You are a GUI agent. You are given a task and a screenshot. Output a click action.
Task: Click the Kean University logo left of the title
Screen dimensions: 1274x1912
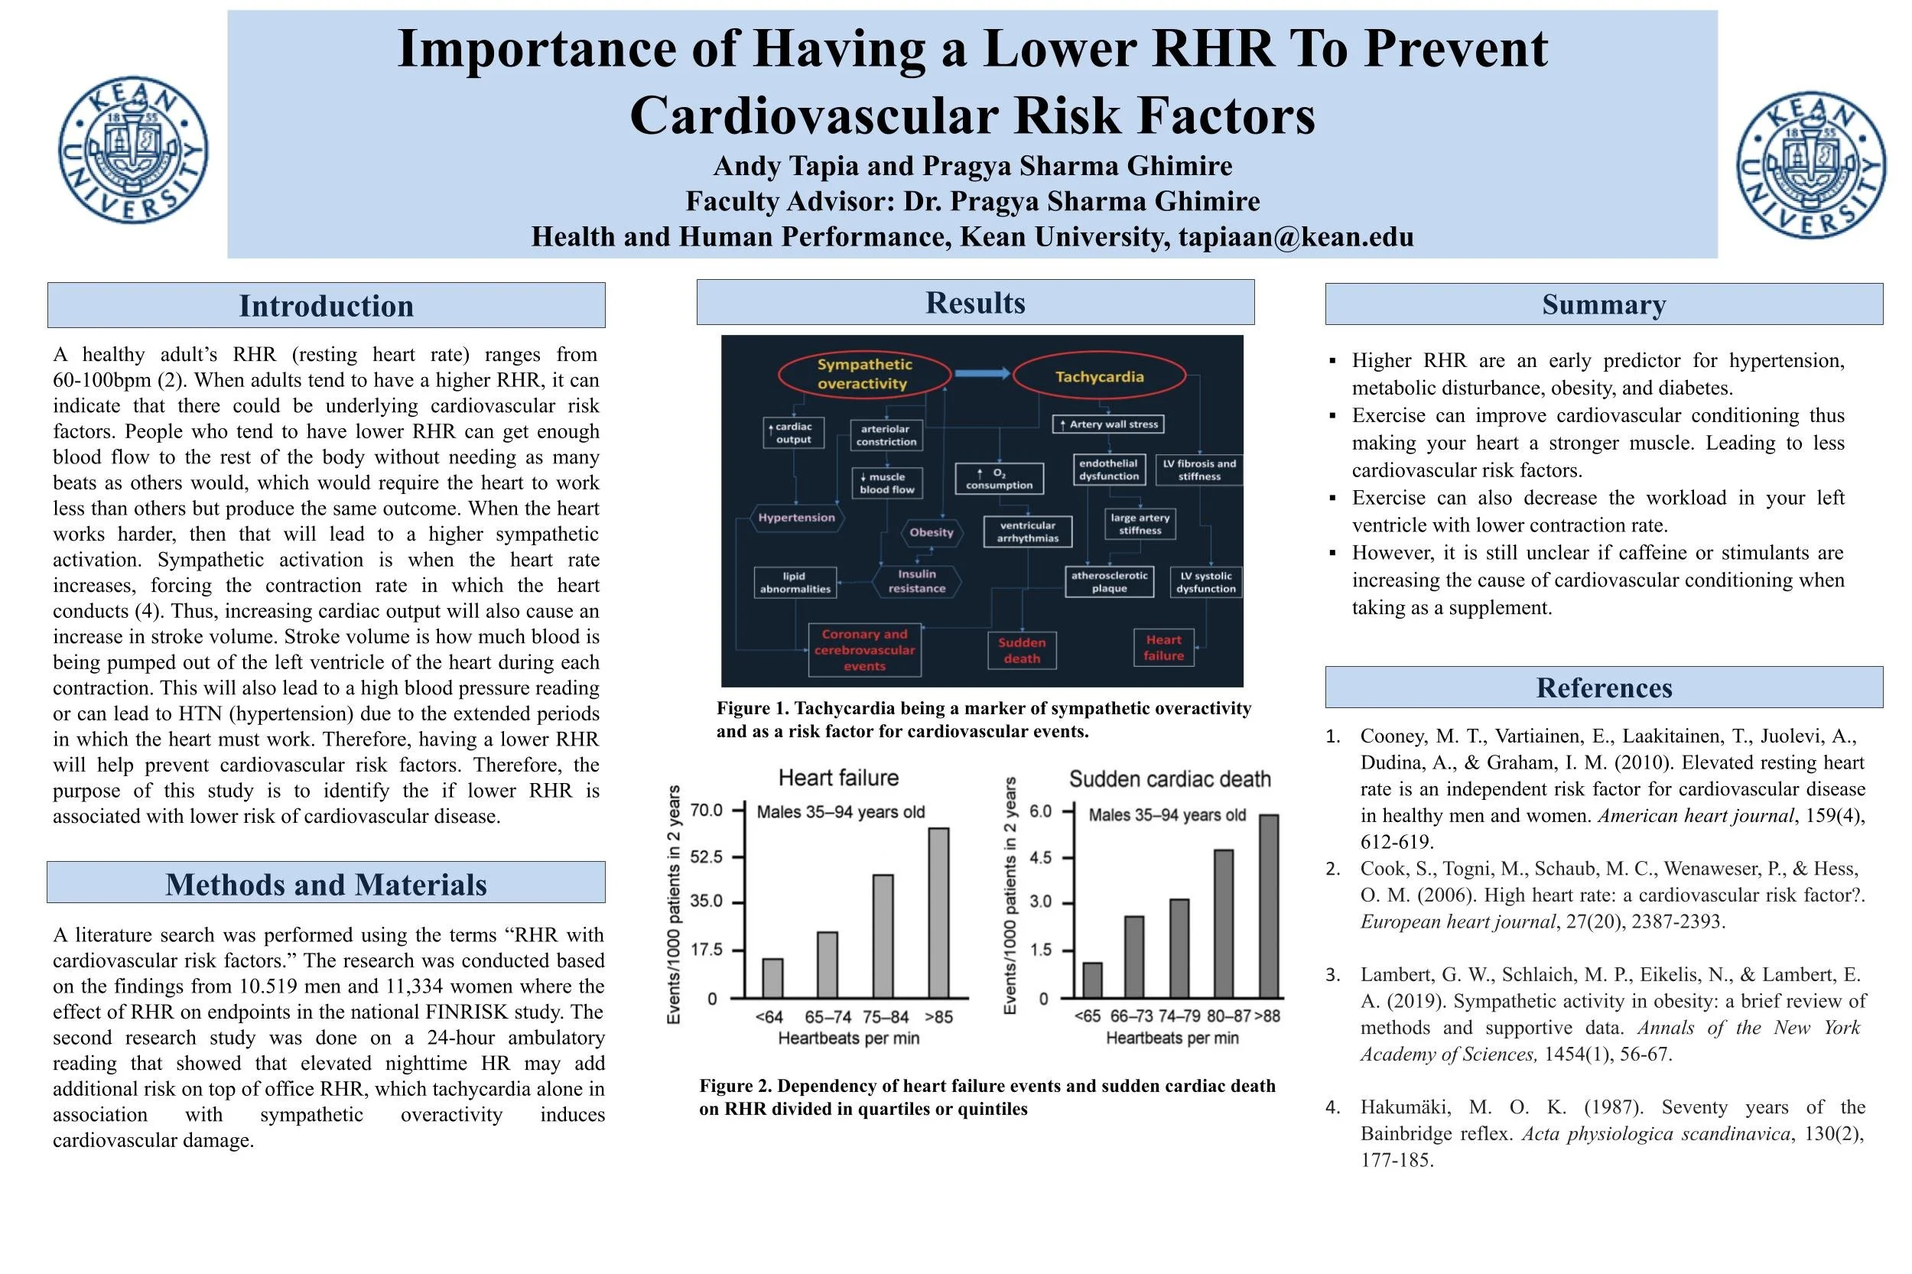tap(133, 151)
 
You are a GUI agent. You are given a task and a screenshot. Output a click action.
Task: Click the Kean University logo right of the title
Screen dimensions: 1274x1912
tap(1810, 165)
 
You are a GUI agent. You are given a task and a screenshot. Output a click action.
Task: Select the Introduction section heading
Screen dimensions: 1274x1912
tap(326, 306)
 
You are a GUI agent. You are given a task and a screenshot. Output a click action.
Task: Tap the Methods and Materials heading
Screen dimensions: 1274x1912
tap(326, 884)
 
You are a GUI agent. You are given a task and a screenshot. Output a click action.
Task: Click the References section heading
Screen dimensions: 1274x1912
tap(1603, 687)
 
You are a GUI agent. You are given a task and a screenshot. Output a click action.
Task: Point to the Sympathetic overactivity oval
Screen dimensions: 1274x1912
tap(863, 374)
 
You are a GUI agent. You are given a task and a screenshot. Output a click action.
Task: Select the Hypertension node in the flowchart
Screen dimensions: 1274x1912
tap(796, 518)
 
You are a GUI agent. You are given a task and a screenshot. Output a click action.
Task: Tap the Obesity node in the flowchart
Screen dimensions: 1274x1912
tap(932, 532)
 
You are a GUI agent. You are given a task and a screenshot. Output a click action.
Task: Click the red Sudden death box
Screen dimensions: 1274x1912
tap(1022, 650)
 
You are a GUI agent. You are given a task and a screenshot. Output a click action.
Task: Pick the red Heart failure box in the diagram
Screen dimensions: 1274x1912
tap(1163, 648)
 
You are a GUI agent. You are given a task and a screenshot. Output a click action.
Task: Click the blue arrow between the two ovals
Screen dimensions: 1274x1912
tap(980, 373)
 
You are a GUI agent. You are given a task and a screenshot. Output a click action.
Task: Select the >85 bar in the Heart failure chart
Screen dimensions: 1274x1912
tap(938, 912)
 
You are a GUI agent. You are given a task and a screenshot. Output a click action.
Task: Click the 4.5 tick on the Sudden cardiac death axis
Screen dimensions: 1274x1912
tap(1040, 857)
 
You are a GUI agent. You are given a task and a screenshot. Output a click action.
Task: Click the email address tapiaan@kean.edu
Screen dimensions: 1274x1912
tap(1296, 236)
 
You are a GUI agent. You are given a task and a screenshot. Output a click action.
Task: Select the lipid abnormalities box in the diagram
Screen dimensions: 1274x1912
tap(795, 582)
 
